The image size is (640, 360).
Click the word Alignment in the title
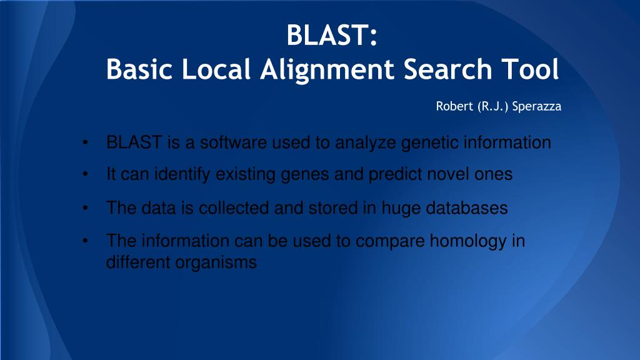point(326,69)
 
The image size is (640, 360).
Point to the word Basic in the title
point(139,69)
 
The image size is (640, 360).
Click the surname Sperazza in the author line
point(536,106)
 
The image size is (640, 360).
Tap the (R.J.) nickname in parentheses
point(492,106)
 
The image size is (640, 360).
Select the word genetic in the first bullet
point(429,143)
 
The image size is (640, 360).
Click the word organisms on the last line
point(216,262)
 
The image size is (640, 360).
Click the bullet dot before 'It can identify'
point(84,175)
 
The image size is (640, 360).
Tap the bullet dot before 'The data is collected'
point(84,208)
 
